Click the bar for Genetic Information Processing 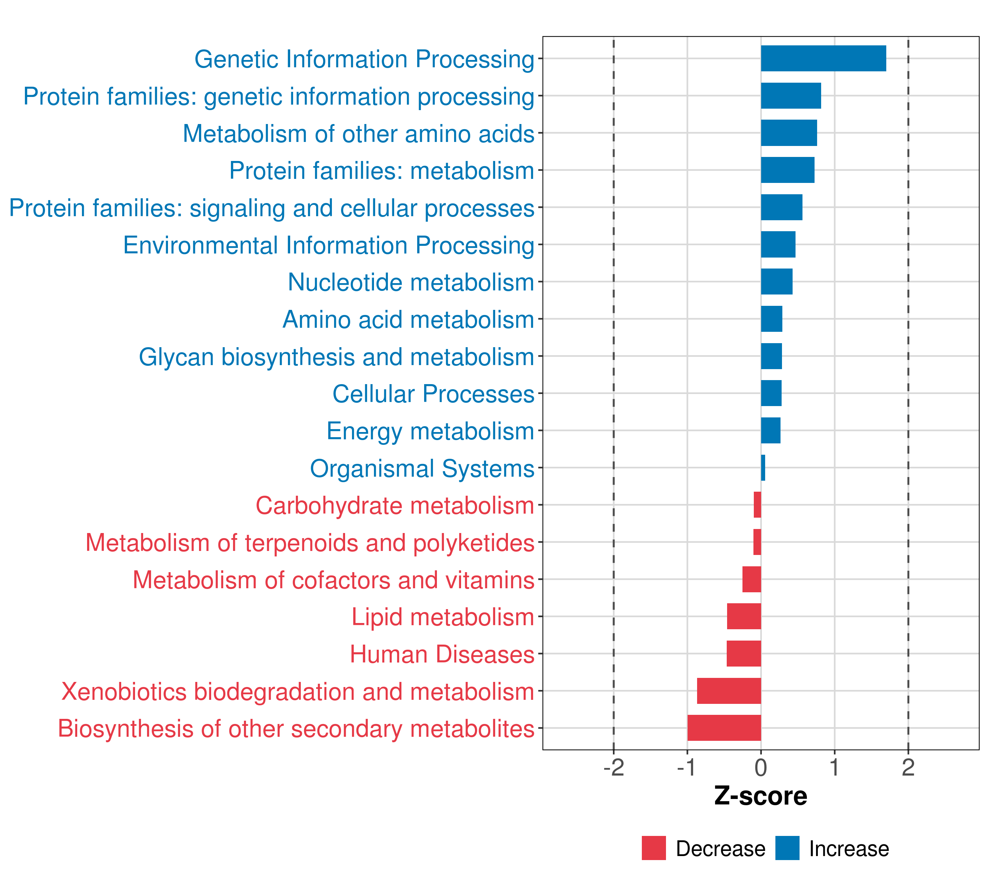click(x=823, y=59)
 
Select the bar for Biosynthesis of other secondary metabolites click(x=724, y=728)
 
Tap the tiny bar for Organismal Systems click(x=763, y=468)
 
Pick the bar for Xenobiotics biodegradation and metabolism click(x=729, y=691)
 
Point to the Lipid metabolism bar click(x=744, y=616)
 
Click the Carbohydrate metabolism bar click(x=757, y=505)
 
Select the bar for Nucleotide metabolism click(x=777, y=282)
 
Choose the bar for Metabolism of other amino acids click(x=789, y=133)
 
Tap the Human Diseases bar click(x=744, y=653)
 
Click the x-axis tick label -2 click(x=613, y=768)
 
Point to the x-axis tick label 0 click(x=761, y=768)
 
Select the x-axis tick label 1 click(x=834, y=768)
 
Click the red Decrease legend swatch click(x=654, y=848)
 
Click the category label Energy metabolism click(x=430, y=431)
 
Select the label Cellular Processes click(x=433, y=394)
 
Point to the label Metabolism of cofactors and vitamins click(x=333, y=580)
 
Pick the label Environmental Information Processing click(x=329, y=245)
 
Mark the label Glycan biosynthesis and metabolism click(x=336, y=357)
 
